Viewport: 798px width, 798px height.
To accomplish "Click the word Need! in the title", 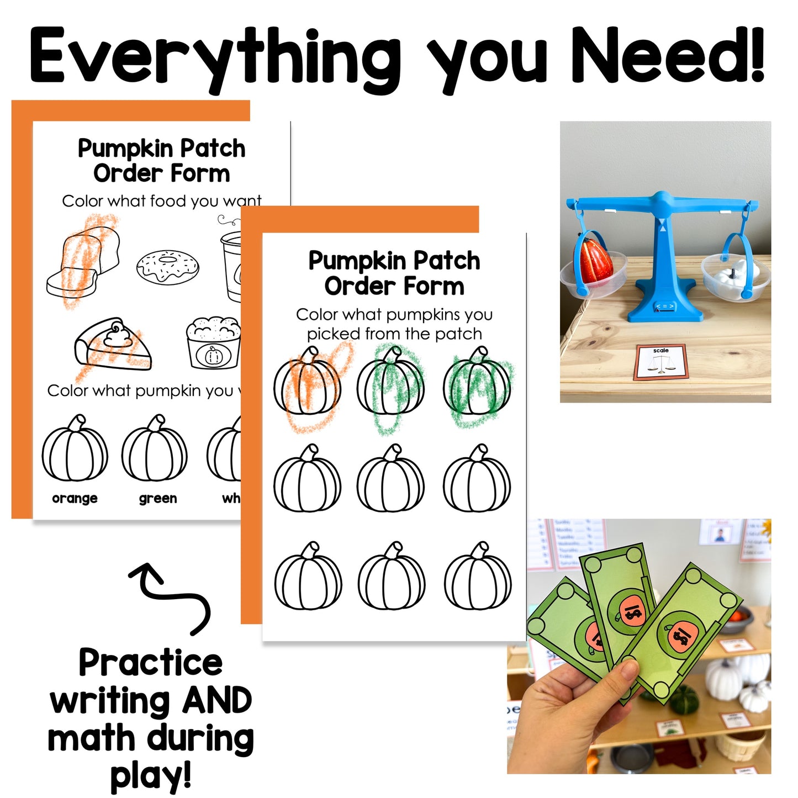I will pos(668,55).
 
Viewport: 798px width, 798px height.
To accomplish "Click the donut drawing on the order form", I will pos(168,266).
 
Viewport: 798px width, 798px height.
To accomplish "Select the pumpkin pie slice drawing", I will pos(113,345).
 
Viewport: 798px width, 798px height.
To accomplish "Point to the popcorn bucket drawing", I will pos(214,343).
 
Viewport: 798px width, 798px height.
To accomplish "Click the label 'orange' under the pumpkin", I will pos(75,498).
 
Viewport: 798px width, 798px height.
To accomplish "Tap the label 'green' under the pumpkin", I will pos(158,498).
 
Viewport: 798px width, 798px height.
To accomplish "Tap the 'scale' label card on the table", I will pos(661,362).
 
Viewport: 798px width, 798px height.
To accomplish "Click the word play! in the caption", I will pos(151,776).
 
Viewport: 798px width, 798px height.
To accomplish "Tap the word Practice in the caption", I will pos(150,663).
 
